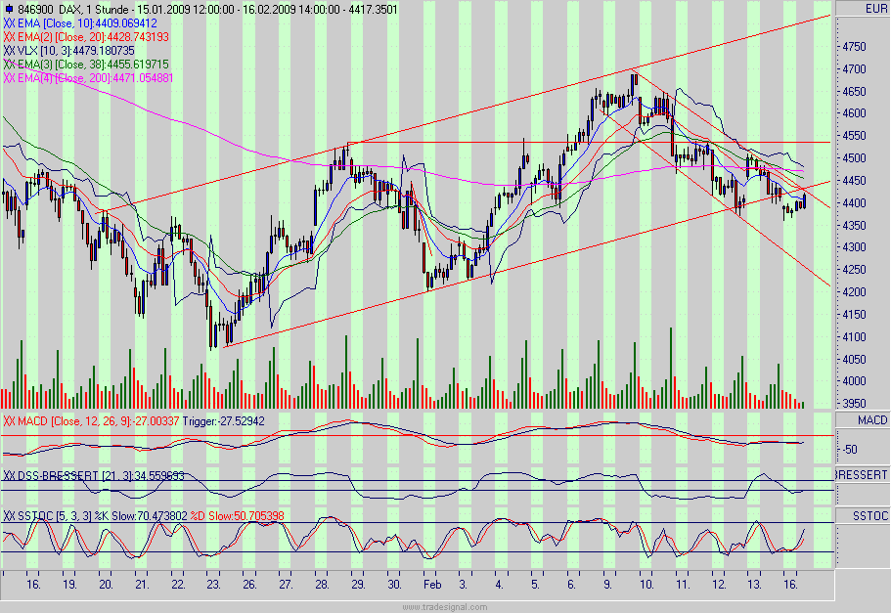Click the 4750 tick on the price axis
pyautogui.click(x=854, y=46)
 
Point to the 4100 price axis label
pyautogui.click(x=854, y=336)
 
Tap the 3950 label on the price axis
pyautogui.click(x=854, y=403)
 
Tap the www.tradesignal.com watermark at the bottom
pyautogui.click(x=444, y=606)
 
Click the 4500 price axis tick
pyautogui.click(x=854, y=157)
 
